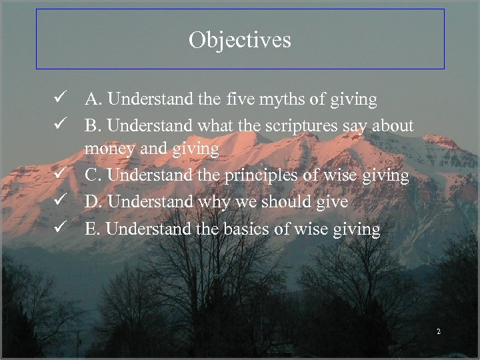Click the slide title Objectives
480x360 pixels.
[x=240, y=40]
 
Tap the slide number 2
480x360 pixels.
[x=439, y=332]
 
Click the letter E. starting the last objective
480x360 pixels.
[x=93, y=229]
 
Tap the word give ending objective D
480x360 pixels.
[x=333, y=201]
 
